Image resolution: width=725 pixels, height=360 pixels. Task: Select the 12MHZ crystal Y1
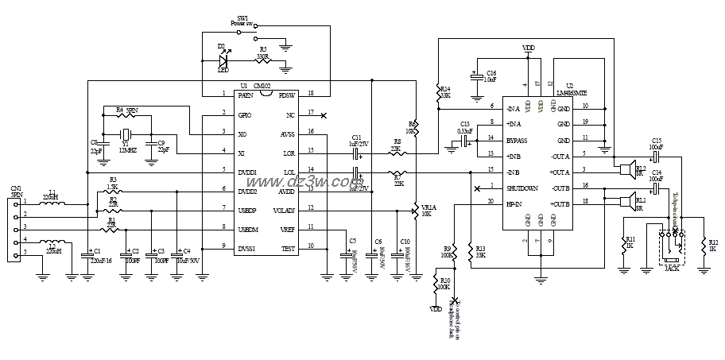coord(126,134)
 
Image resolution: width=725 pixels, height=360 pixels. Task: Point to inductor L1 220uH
coord(52,202)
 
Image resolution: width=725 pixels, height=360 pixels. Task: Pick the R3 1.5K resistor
coord(114,190)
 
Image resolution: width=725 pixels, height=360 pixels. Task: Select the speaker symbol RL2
coord(627,168)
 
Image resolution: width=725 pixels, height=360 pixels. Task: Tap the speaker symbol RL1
coord(627,200)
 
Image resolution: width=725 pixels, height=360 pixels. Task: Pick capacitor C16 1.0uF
coord(475,77)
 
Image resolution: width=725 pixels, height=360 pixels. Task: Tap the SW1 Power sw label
coord(242,21)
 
